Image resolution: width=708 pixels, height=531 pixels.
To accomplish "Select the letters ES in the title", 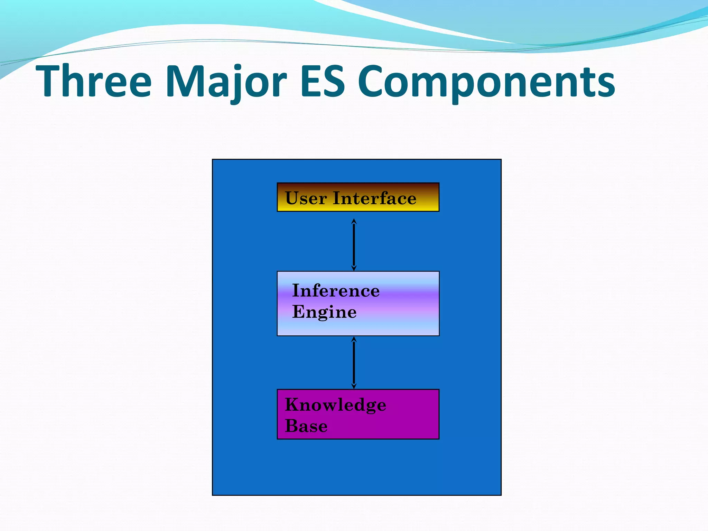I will (x=323, y=82).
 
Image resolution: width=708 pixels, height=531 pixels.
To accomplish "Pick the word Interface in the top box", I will (x=374, y=198).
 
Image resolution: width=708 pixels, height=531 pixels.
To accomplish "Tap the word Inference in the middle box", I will (x=336, y=290).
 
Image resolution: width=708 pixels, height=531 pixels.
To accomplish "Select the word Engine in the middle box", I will (x=324, y=312).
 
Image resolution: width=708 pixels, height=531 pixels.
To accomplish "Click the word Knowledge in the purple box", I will (x=335, y=405).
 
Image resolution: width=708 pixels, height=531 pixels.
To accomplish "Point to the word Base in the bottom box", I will (x=306, y=426).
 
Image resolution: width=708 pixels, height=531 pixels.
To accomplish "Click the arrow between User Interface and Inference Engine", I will (x=354, y=244).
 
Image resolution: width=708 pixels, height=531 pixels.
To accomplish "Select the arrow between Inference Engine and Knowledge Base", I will (x=354, y=363).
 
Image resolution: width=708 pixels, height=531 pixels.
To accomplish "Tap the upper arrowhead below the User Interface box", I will (x=354, y=221).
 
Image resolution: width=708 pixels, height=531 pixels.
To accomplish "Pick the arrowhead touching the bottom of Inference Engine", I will (x=354, y=339).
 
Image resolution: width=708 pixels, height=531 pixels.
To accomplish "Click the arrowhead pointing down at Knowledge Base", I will (x=354, y=386).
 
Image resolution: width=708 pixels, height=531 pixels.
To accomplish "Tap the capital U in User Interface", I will (x=292, y=198).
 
